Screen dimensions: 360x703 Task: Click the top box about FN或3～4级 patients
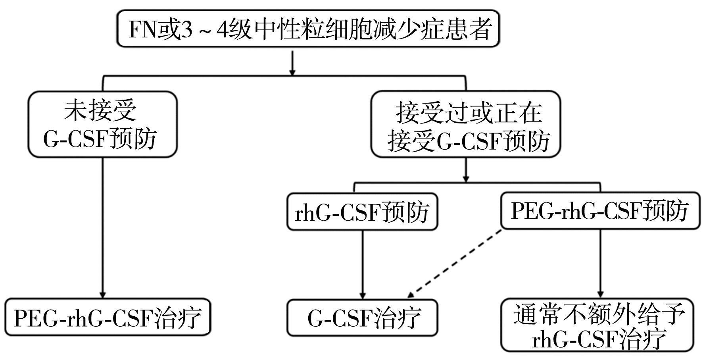[x=308, y=29]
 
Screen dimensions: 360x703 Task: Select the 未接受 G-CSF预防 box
[x=102, y=124]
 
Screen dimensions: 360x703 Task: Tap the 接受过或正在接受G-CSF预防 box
[x=466, y=124]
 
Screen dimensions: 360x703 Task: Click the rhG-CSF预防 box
[x=362, y=212]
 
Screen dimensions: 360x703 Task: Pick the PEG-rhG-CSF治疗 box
[x=108, y=318]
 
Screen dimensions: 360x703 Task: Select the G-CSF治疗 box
[x=362, y=318]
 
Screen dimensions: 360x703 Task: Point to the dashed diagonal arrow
[x=455, y=264]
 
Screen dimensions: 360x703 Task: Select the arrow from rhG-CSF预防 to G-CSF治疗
[x=362, y=264]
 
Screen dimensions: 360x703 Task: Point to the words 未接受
[x=100, y=110]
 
